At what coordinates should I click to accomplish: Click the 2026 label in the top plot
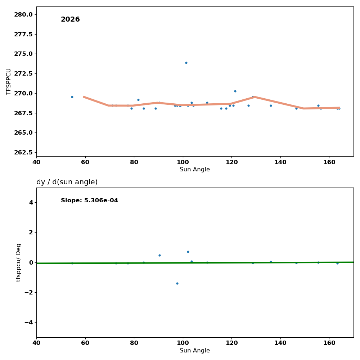[70, 19]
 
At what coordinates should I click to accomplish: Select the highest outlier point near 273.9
[186, 63]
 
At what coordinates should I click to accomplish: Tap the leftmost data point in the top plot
[72, 97]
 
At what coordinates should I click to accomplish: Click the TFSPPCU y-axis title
[9, 81]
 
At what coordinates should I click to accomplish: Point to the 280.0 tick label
[23, 14]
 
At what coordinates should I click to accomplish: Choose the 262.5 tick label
[23, 152]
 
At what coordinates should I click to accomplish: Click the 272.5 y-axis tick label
[23, 73]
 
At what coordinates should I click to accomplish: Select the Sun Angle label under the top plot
[195, 170]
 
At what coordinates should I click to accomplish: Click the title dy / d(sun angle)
[67, 182]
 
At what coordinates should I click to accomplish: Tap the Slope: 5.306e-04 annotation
[89, 201]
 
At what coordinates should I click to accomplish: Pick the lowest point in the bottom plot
[177, 283]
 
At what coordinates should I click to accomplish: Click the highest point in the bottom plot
[188, 252]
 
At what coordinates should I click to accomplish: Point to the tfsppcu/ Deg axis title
[19, 262]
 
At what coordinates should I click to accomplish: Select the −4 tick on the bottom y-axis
[28, 322]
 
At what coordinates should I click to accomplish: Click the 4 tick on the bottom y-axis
[31, 202]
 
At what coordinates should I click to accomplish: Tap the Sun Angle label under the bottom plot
[195, 351]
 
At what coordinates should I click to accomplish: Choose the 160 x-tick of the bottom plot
[329, 343]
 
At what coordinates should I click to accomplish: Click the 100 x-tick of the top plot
[183, 162]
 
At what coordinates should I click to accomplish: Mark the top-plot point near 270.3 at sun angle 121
[235, 91]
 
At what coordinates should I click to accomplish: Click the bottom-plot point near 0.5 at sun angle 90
[159, 255]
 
